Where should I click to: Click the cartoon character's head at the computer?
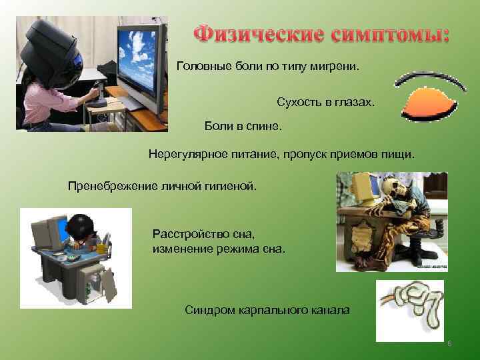click(84, 229)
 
